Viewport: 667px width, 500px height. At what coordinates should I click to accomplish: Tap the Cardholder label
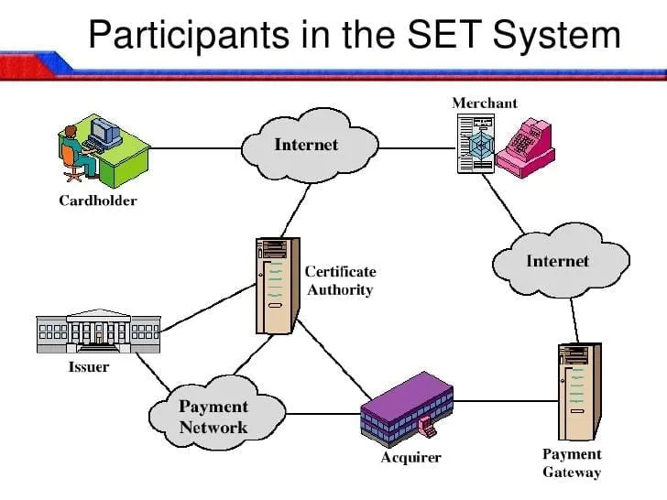point(97,201)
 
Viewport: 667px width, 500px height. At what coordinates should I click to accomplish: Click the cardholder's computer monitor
point(105,133)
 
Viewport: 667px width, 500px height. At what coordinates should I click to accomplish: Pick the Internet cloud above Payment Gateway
point(557,261)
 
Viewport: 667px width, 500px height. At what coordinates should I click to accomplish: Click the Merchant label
point(485,103)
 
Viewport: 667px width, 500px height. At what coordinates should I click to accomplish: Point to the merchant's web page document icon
point(476,145)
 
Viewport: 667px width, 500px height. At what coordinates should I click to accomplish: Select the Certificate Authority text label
point(340,281)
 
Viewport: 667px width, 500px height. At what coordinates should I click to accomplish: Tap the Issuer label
point(89,367)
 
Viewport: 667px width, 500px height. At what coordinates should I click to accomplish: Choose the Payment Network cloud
point(213,417)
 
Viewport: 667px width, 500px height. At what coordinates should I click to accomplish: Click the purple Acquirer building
point(406,408)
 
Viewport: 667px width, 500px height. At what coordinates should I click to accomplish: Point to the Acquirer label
point(410,457)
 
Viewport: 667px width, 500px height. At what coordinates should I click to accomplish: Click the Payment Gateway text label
point(572,463)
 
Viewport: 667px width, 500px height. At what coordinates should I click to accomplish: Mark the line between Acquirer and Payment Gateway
point(504,400)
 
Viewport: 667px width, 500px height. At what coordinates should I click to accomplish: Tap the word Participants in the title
point(187,36)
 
